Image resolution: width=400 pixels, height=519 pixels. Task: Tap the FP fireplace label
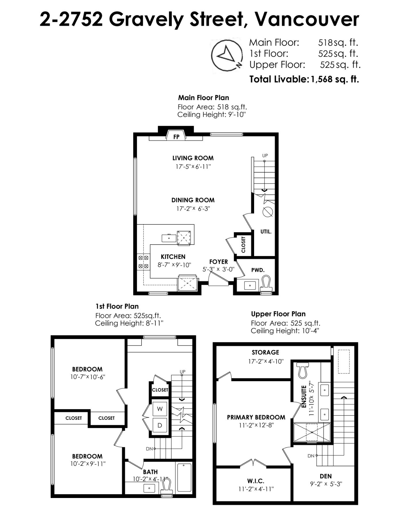[176, 137]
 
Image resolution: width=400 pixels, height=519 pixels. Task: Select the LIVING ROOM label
[193, 158]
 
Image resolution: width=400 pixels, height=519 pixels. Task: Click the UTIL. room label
[266, 231]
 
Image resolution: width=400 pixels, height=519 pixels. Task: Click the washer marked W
[160, 409]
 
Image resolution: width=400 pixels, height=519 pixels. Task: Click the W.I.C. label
[256, 481]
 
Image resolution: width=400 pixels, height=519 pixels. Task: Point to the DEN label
[326, 476]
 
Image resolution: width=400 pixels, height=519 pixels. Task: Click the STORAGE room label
[266, 352]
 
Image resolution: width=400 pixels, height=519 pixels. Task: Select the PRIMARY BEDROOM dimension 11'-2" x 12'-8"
[256, 425]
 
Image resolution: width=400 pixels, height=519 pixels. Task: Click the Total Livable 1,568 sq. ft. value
[335, 79]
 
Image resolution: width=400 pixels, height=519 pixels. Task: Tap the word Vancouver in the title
[307, 19]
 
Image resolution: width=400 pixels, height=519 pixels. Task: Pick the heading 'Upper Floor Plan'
[278, 314]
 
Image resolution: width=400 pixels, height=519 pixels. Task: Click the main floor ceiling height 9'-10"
[237, 115]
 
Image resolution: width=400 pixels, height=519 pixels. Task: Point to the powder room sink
[249, 285]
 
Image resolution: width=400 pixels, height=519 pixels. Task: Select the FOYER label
[219, 262]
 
